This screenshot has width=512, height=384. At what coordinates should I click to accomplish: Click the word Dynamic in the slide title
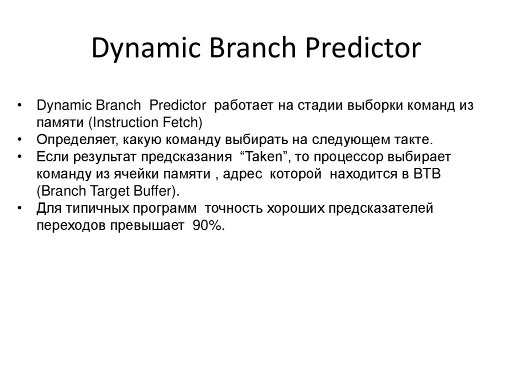pyautogui.click(x=145, y=49)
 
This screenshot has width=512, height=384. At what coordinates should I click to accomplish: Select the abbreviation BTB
pyautogui.click(x=427, y=174)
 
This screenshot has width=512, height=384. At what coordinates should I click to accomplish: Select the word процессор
pyautogui.click(x=348, y=158)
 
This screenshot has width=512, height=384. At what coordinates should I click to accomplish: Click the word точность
pyautogui.click(x=233, y=209)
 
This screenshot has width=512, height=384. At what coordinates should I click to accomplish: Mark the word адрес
pyautogui.click(x=242, y=175)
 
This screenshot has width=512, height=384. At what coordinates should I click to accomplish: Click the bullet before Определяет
pyautogui.click(x=20, y=140)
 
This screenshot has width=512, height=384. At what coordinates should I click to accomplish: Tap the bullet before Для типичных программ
pyautogui.click(x=20, y=208)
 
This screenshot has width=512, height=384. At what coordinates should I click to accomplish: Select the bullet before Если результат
pyautogui.click(x=20, y=157)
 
